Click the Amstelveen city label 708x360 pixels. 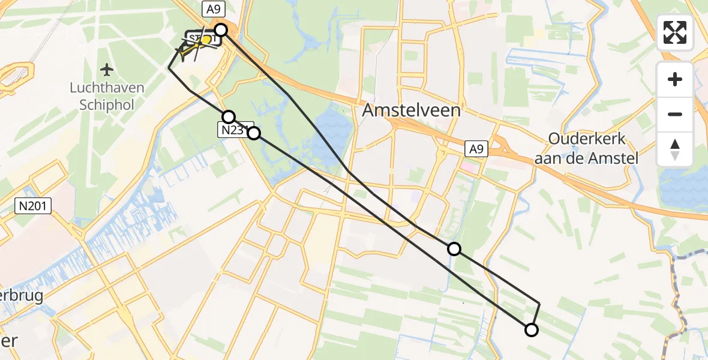click(x=412, y=110)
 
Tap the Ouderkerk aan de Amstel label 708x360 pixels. click(x=587, y=149)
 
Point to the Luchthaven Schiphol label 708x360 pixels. click(x=107, y=96)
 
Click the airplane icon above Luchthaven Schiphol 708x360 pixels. click(x=107, y=70)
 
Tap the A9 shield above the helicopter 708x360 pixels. click(x=213, y=9)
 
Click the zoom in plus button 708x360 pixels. click(x=675, y=79)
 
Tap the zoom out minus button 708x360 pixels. click(x=675, y=114)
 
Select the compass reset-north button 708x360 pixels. click(x=675, y=149)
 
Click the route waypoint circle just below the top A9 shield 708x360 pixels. click(x=221, y=29)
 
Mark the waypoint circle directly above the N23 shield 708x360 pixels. click(x=228, y=116)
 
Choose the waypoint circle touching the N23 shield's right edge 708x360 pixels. click(x=254, y=133)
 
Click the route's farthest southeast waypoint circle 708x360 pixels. click(x=531, y=329)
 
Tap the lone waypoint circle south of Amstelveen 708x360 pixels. click(x=454, y=248)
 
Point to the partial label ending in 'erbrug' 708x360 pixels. click(x=22, y=296)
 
